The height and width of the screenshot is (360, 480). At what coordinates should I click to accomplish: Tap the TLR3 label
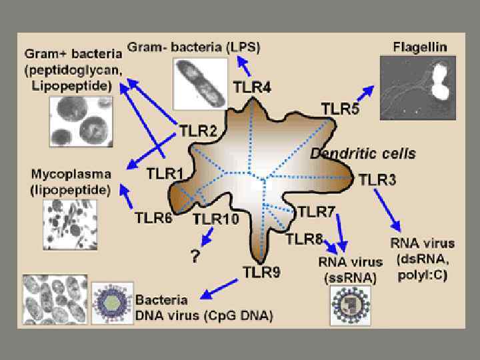[377, 179]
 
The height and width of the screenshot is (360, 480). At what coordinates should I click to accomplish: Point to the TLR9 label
[261, 272]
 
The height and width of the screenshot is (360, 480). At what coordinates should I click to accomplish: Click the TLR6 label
[153, 217]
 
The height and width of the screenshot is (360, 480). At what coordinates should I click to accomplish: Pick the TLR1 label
[165, 173]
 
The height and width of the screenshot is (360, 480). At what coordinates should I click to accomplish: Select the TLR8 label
[305, 238]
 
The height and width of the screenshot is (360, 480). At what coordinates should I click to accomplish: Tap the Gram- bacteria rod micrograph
[197, 84]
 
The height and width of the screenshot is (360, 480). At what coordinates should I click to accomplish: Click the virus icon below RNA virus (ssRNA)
[351, 305]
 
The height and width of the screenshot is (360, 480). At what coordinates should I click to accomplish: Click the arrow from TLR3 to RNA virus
[387, 209]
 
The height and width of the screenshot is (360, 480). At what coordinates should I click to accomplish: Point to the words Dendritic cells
[363, 153]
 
